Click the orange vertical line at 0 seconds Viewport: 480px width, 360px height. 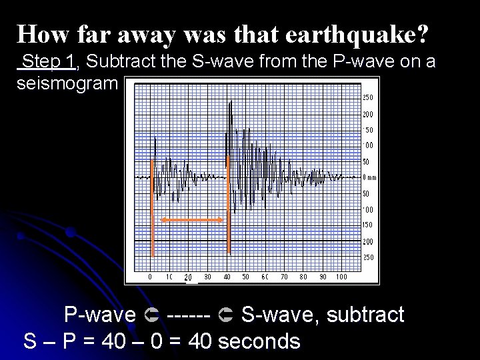pyautogui.click(x=153, y=207)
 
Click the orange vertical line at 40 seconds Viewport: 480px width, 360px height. pyautogui.click(x=228, y=207)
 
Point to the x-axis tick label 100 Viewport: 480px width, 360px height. pyautogui.click(x=341, y=277)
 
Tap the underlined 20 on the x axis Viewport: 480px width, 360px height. pyautogui.click(x=188, y=277)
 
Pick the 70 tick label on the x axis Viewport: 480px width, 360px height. pyautogui.click(x=285, y=277)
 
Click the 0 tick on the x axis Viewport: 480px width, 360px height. pyautogui.click(x=150, y=277)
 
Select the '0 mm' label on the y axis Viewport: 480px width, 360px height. pyautogui.click(x=369, y=177)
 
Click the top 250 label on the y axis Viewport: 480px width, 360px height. pyautogui.click(x=368, y=97)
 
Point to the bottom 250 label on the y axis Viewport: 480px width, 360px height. pyautogui.click(x=368, y=257)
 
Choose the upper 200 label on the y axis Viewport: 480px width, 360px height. pyautogui.click(x=368, y=114)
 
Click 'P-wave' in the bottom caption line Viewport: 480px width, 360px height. pyautogui.click(x=99, y=314)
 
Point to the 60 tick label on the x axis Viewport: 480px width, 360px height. pyautogui.click(x=265, y=277)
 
